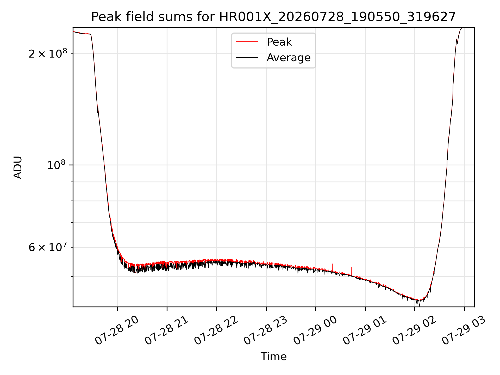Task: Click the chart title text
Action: pyautogui.click(x=273, y=17)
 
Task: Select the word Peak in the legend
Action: pyautogui.click(x=279, y=42)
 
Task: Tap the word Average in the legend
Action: pyautogui.click(x=289, y=58)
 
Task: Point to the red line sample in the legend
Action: pyautogui.click(x=247, y=42)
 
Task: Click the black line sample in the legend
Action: pyautogui.click(x=247, y=58)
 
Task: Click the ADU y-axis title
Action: pyautogui.click(x=18, y=167)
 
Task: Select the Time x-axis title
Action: pyautogui.click(x=273, y=357)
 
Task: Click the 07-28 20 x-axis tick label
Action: pyautogui.click(x=116, y=331)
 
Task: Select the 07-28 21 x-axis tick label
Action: pyautogui.click(x=166, y=331)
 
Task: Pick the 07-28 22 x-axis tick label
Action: pyautogui.click(x=216, y=331)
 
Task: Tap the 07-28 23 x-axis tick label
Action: pyautogui.click(x=265, y=331)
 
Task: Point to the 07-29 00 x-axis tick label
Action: pyautogui.click(x=315, y=331)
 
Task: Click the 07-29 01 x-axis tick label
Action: pyautogui.click(x=365, y=331)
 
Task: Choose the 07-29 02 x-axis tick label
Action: pyautogui.click(x=414, y=331)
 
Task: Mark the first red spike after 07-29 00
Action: pyautogui.click(x=332, y=268)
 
